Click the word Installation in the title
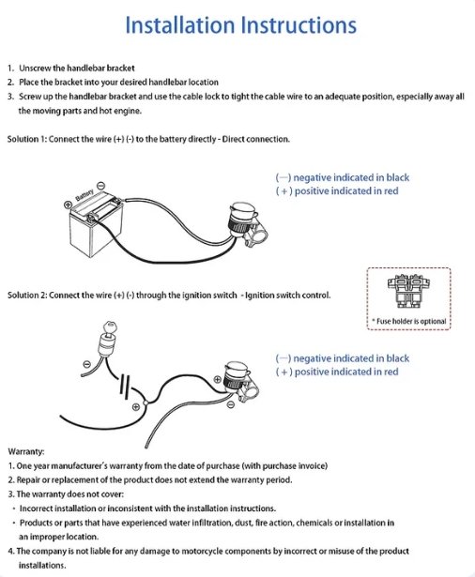point(180,25)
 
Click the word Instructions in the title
point(299,25)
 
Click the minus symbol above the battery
point(100,186)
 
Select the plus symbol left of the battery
point(68,205)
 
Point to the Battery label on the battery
point(84,194)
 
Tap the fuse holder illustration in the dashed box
point(408,291)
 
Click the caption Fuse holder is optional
point(411,321)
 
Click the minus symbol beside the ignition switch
point(87,364)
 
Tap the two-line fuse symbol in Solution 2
point(125,387)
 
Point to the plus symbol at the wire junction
point(136,406)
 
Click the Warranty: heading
point(25,451)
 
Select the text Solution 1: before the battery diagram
point(27,139)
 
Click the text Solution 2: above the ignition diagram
point(27,296)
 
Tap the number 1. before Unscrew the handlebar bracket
point(10,68)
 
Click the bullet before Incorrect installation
point(14,509)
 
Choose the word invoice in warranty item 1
point(312,466)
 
